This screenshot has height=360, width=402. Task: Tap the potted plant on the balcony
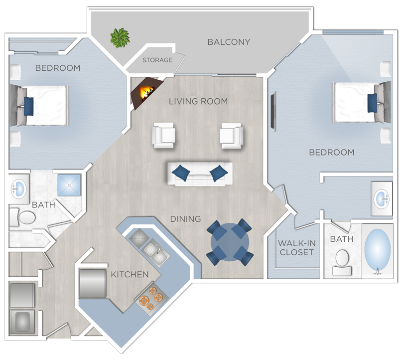click(120, 38)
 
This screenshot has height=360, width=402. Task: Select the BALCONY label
click(229, 42)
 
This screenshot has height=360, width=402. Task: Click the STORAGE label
click(157, 60)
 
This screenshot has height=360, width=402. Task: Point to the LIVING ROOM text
click(198, 101)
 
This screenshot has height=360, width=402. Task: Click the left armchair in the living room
click(164, 135)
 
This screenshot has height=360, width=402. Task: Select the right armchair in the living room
click(232, 135)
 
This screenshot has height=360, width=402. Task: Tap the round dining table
click(230, 242)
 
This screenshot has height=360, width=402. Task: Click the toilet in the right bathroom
click(342, 262)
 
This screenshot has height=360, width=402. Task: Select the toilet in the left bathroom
click(22, 217)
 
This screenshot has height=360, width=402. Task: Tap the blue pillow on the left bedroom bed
click(28, 106)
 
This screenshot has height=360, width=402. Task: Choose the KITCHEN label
click(130, 274)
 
